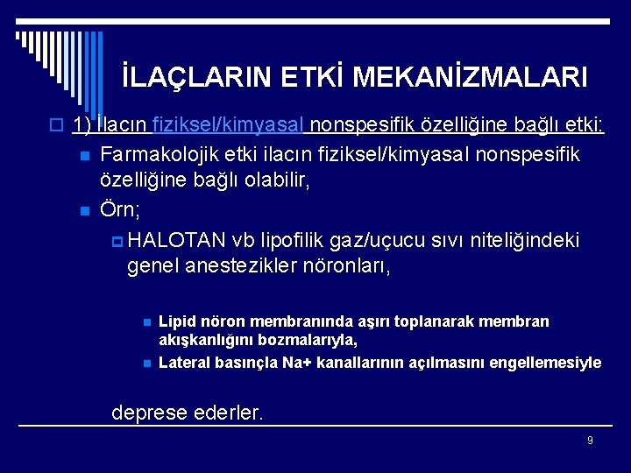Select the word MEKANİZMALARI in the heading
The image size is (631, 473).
point(469,78)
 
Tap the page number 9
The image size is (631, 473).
point(590,440)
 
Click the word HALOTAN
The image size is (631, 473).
point(179,240)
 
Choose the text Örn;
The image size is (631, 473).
point(121,210)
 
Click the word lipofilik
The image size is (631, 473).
point(291,240)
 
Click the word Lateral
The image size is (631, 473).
point(184,362)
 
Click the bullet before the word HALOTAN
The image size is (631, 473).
point(119,241)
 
